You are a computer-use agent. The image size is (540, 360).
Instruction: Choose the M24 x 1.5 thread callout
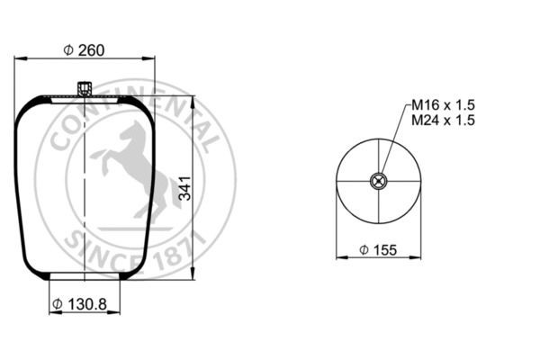coord(442,121)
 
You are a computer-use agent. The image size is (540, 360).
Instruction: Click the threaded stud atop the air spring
coord(85,88)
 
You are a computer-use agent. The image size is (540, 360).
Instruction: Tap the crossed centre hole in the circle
coord(379,182)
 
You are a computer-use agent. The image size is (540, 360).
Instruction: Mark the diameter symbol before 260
coord(68,50)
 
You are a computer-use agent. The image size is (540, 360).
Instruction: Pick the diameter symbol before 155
coord(363,248)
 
